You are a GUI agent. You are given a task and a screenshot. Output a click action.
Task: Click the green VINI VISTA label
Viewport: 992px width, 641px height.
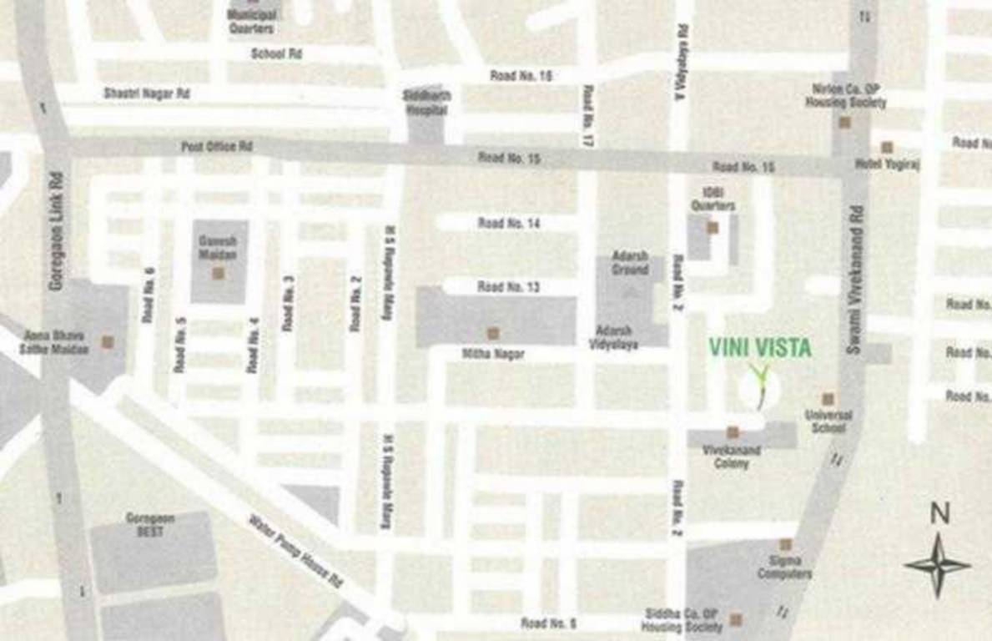click(759, 347)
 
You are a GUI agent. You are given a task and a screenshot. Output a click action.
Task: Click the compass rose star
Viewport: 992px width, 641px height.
click(937, 565)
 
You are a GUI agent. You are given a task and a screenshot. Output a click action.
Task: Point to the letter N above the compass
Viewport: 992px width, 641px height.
click(939, 513)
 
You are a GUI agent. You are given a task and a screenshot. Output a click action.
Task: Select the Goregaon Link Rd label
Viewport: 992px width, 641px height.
click(57, 231)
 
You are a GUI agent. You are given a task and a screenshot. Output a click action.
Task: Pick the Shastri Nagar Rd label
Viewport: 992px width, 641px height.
click(147, 94)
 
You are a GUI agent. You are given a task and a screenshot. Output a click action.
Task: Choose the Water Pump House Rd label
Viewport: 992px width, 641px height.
click(296, 551)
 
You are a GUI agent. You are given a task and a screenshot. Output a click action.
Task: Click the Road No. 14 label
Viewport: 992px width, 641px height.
click(509, 223)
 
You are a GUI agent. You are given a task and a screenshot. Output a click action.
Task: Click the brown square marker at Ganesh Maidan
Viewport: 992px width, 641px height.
click(218, 273)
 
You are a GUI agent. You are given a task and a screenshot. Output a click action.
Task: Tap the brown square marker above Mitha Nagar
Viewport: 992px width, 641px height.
click(493, 333)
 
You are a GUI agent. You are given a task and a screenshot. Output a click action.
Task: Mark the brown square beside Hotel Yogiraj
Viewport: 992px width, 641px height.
click(887, 148)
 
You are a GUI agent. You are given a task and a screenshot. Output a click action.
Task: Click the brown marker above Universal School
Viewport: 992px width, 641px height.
click(828, 399)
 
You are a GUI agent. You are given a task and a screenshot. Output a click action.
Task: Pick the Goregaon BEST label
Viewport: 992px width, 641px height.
click(150, 524)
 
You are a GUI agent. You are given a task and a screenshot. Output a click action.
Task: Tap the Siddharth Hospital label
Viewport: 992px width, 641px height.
click(426, 101)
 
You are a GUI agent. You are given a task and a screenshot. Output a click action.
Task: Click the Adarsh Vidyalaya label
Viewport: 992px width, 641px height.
click(613, 337)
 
